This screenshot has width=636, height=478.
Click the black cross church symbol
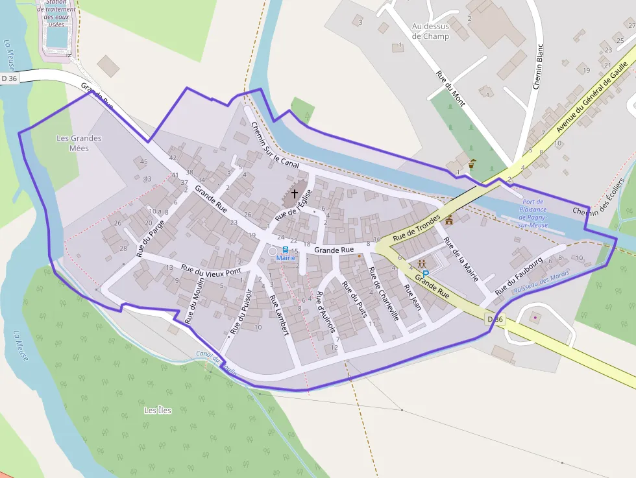tap(295, 193)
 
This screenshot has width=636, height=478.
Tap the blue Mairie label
tap(286, 258)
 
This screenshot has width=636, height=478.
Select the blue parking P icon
tap(426, 274)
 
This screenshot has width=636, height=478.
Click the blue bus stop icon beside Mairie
tap(285, 250)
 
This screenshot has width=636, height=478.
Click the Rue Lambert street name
tap(278, 315)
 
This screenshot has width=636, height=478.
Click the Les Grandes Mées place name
tap(79, 143)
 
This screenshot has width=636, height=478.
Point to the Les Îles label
tap(158, 411)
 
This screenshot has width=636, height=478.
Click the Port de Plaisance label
tap(534, 213)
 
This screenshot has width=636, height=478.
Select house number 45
tap(143, 161)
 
